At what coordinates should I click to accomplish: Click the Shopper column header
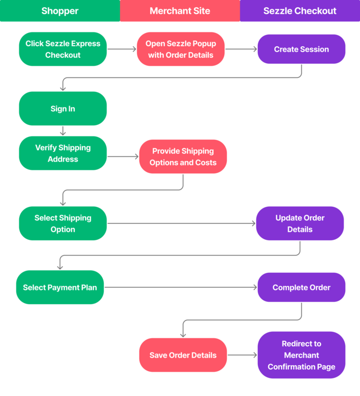[x=60, y=11]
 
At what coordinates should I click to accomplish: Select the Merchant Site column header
[x=180, y=11]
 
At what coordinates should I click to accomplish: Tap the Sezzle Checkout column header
[x=300, y=11]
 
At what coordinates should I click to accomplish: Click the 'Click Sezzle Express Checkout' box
[x=63, y=49]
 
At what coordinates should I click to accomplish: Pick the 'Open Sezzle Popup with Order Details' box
[x=180, y=49]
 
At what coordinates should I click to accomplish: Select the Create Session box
[x=301, y=49]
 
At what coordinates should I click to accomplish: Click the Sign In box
[x=63, y=108]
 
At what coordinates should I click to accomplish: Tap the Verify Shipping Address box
[x=63, y=153]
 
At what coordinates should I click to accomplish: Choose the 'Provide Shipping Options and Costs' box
[x=183, y=157]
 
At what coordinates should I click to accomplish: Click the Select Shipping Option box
[x=63, y=223]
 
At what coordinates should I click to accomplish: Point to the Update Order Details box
[x=300, y=223]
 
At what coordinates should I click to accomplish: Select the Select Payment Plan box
[x=60, y=287]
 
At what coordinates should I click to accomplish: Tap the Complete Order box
[x=301, y=287]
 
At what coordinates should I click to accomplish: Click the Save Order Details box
[x=183, y=355]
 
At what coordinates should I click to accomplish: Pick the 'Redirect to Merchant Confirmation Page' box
[x=301, y=355]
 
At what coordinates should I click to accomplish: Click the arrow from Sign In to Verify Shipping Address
[x=63, y=130]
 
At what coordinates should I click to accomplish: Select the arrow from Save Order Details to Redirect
[x=242, y=355]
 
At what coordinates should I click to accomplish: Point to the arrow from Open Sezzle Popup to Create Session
[x=241, y=49]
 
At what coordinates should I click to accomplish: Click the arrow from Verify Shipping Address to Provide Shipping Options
[x=123, y=157]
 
